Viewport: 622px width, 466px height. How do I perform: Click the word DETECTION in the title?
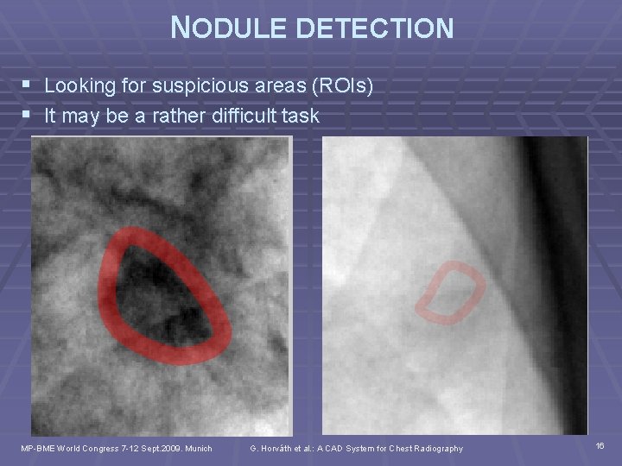tap(376, 28)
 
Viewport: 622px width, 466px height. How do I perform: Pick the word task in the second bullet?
tap(299, 115)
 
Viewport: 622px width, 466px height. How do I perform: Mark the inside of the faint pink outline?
tap(451, 293)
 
